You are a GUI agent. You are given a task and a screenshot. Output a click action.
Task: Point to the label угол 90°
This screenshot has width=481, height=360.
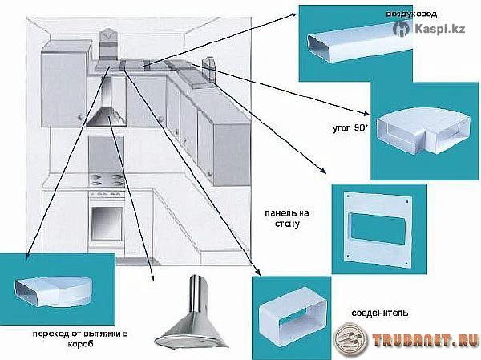pos(349,127)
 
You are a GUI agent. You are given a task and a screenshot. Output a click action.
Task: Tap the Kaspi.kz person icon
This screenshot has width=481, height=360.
pos(401,30)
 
